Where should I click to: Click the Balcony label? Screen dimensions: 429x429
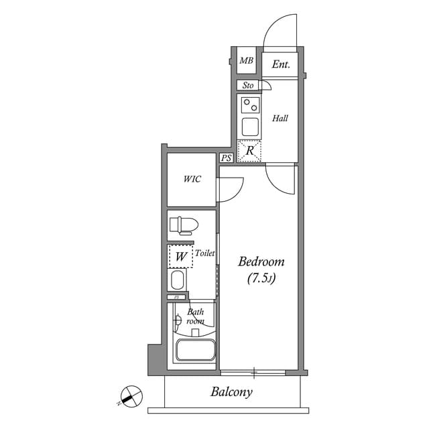point(231,392)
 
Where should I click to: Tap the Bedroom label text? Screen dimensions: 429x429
point(261,261)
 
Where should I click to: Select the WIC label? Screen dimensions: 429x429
point(192,179)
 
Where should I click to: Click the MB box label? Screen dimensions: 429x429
point(247,62)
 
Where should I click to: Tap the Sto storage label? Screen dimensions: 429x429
point(247,85)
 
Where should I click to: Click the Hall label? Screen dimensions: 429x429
point(280,119)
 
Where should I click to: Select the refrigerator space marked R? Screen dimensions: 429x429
point(250,151)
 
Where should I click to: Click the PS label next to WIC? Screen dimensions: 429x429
point(227,158)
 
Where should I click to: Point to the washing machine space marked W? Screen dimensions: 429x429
point(180,255)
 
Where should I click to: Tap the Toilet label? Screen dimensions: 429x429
point(204,253)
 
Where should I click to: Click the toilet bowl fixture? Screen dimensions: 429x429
point(182,225)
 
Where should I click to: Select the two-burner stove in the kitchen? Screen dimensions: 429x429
point(251,105)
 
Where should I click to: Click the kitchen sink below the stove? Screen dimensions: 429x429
point(251,126)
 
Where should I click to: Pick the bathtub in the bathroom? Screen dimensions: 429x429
point(195,351)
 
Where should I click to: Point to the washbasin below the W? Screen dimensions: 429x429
point(178,280)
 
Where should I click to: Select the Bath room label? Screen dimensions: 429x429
point(196,316)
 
